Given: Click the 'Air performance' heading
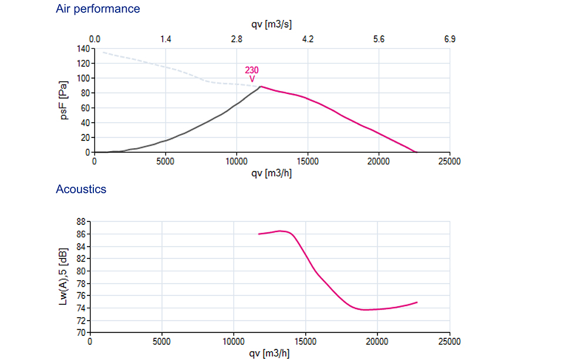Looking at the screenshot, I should [x=98, y=9].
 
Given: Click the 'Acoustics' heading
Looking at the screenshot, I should [x=81, y=189].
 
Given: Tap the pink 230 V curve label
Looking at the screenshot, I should [x=252, y=75].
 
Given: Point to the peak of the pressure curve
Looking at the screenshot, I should [x=260, y=86].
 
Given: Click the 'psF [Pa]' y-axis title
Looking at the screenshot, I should [x=65, y=100].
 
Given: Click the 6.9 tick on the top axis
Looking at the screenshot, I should [x=450, y=39].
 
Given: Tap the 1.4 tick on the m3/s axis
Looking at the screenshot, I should [x=166, y=39].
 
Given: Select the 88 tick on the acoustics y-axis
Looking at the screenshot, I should [x=80, y=221].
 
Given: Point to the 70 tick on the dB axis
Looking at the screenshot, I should [x=80, y=332].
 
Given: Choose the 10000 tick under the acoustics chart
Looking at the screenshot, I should [x=234, y=341].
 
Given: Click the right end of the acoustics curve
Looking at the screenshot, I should [x=417, y=302].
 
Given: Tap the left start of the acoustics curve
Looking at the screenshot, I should [x=259, y=234].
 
